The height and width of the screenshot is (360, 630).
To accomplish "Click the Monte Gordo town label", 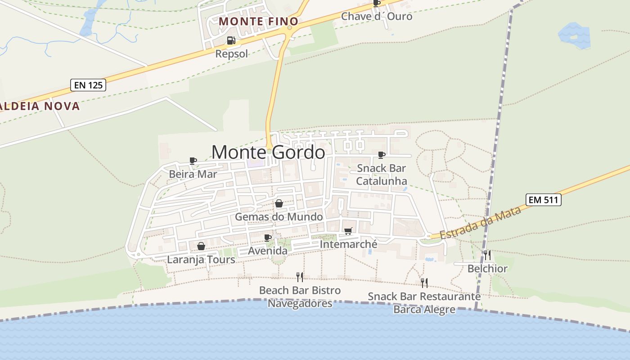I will pos(268,152).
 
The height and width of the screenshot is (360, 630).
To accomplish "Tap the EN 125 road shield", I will pos(88,85).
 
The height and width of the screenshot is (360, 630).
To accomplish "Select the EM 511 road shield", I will pos(544,199).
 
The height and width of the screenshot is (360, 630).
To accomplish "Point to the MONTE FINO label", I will pos(259,21).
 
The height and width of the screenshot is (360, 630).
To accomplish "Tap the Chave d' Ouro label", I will pos(377,16).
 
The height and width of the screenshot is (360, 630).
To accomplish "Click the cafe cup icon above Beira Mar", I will pos(193,161).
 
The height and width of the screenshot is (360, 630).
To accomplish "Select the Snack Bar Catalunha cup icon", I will pos(382,155).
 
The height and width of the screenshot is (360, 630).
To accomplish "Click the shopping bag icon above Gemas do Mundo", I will pos(279,204).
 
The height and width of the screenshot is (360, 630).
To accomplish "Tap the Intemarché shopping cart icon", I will pos(348,231).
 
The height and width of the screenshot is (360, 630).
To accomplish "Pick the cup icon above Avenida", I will pos(268,238).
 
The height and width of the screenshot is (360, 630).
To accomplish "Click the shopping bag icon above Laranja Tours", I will pos(201,246).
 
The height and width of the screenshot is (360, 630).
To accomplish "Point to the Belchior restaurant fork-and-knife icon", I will pos(487,255).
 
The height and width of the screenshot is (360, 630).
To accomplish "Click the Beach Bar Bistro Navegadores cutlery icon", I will pos(300,277).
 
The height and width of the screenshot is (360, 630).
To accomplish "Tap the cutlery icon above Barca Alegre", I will pos(424,283).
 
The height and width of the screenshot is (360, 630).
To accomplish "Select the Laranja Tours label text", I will pos(201,260).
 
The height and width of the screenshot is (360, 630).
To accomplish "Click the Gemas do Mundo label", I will pos(279,217).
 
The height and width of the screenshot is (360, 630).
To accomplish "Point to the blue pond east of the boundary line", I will pos(575,36).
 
